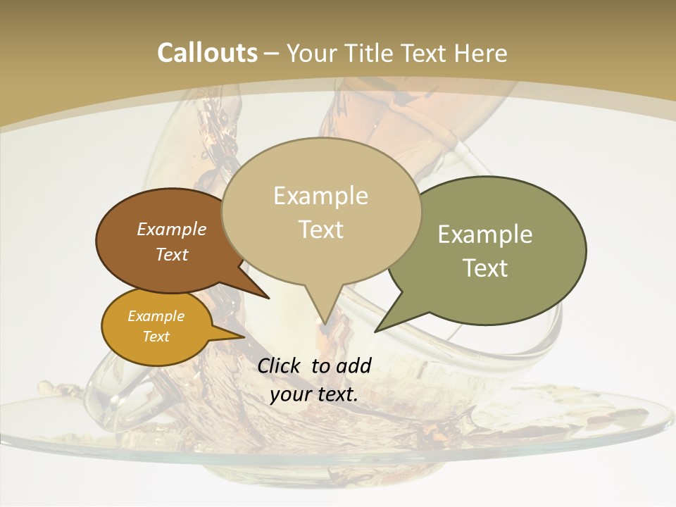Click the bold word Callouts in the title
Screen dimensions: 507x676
point(207,53)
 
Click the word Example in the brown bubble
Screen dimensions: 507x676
point(172,229)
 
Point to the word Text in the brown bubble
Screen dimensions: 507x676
point(172,254)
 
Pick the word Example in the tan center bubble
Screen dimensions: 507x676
point(320,196)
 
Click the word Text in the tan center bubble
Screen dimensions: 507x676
point(321,229)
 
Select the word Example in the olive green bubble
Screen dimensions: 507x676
point(485,234)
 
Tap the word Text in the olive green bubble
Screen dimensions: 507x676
point(486,268)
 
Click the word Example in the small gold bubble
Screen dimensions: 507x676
point(156,316)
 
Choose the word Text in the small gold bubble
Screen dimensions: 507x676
point(156,337)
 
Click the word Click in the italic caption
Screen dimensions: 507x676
point(280,365)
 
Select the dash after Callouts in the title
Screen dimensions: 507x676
point(272,54)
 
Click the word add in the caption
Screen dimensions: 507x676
point(353,365)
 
